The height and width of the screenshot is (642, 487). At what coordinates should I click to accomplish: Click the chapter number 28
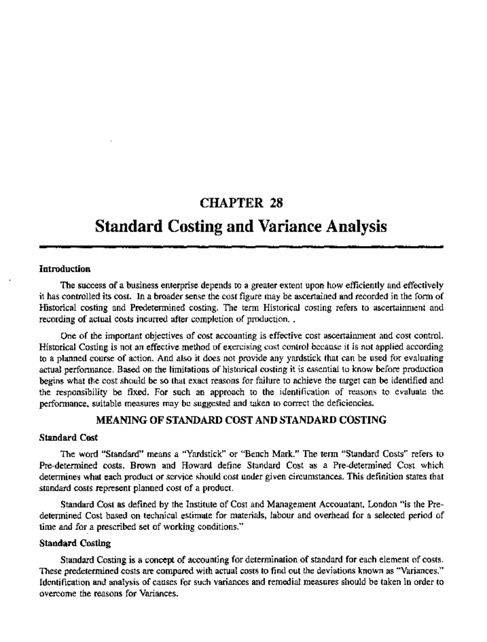tap(276, 202)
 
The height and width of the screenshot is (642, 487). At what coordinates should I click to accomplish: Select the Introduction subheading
tap(64, 269)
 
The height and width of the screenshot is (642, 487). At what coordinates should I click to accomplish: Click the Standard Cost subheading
tap(68, 438)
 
